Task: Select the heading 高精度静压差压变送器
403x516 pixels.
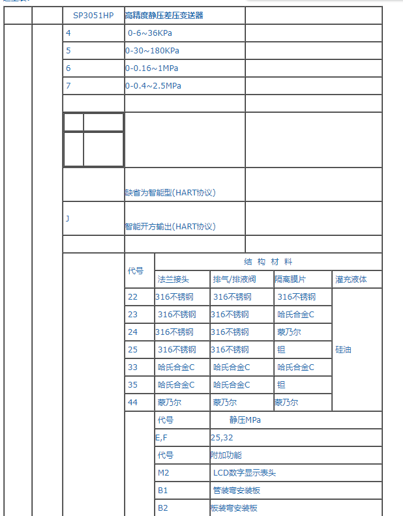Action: (x=164, y=15)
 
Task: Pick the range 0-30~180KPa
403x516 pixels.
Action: (x=152, y=50)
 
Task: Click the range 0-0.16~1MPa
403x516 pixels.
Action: (x=151, y=68)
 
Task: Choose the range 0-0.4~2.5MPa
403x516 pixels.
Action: (x=153, y=85)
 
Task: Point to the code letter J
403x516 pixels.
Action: (x=67, y=218)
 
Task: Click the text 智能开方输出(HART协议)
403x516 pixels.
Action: (x=170, y=227)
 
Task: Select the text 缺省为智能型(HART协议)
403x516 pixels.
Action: (x=170, y=193)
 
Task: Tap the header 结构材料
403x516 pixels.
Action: (x=268, y=261)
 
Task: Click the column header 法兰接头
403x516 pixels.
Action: (x=173, y=279)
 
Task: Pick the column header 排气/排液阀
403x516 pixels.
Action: (x=234, y=279)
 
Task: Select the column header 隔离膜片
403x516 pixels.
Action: (x=290, y=279)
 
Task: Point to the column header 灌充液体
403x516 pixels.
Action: (x=351, y=279)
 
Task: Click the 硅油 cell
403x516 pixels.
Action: (x=344, y=349)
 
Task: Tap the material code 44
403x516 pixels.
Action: (x=133, y=402)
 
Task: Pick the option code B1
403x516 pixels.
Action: (x=163, y=490)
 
